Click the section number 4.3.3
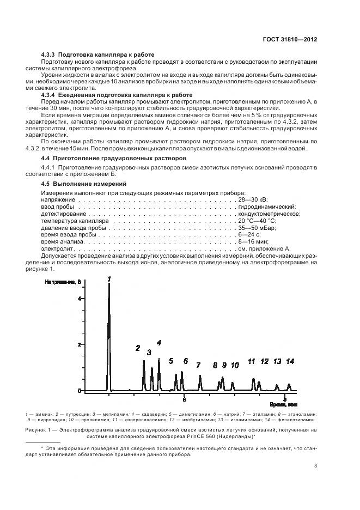click(50, 54)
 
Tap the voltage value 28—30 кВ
click(252, 200)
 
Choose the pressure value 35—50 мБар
click(257, 228)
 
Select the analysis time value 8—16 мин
click(253, 241)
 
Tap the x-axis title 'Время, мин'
click(284, 405)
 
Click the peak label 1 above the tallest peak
click(109, 278)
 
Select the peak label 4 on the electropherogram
click(159, 343)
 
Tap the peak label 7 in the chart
click(198, 365)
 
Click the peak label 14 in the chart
click(290, 361)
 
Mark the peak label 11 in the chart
click(251, 361)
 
